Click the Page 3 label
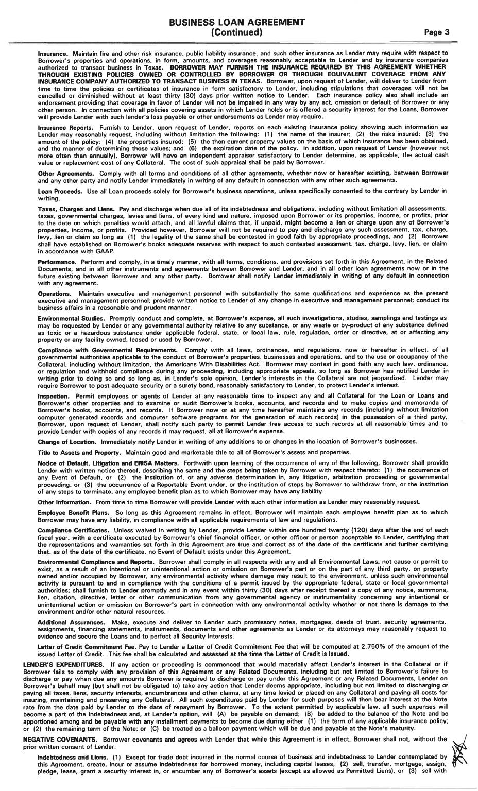437,32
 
